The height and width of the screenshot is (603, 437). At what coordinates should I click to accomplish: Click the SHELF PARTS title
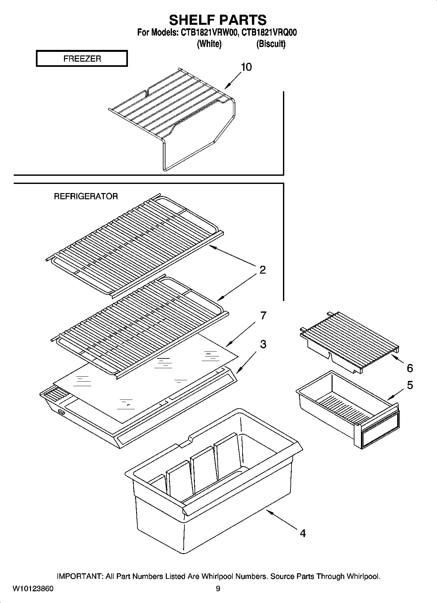(218, 20)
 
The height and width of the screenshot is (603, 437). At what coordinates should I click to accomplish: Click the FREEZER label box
(82, 59)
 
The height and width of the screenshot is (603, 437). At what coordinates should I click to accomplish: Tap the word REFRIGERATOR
(86, 196)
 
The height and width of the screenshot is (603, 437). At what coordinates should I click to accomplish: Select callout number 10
(246, 67)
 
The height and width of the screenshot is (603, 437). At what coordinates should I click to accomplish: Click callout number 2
(262, 270)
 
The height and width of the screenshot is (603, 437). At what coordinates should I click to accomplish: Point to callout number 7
(263, 315)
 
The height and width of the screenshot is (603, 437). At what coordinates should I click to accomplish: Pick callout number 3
(263, 344)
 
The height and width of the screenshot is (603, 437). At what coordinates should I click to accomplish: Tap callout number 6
(410, 368)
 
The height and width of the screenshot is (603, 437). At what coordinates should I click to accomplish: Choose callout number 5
(410, 385)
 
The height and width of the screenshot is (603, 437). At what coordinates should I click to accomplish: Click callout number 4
(303, 534)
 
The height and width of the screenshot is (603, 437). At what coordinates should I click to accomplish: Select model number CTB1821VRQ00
(270, 33)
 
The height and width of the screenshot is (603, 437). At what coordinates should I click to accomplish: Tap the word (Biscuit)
(271, 44)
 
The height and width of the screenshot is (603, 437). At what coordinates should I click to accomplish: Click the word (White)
(209, 44)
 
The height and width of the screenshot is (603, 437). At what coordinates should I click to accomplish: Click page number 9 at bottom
(218, 589)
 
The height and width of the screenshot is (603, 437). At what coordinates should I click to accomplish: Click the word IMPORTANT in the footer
(80, 576)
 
